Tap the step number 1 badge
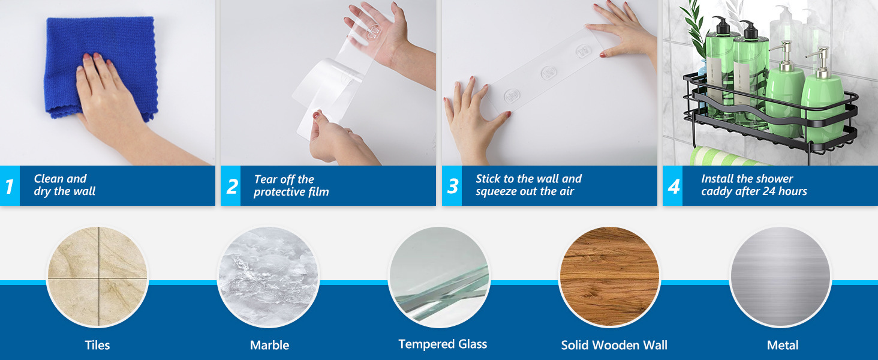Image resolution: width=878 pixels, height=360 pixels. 10,185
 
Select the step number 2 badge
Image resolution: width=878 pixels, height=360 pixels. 231,185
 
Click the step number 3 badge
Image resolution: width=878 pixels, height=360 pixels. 452,185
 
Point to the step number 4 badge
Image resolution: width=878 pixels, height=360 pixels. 673,185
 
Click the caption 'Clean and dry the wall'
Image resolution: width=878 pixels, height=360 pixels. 64,185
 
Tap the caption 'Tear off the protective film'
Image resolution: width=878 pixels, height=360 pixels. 291,185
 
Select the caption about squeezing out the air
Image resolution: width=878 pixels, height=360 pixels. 528,185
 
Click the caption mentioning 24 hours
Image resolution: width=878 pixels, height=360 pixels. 754,185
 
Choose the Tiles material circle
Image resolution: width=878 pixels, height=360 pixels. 98,277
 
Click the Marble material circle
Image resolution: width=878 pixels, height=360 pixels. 269,277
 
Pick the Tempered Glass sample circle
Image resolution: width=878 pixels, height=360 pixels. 440,277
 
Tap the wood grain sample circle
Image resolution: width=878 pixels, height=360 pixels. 610,277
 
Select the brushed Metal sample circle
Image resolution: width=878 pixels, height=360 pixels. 781,277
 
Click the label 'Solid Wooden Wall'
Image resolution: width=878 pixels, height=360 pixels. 614,345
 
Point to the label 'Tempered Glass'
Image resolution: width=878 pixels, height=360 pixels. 443,344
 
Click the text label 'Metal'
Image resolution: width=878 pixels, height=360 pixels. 783,345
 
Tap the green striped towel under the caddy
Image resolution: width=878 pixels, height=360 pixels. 725,157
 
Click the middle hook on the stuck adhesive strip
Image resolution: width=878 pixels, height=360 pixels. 548,73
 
